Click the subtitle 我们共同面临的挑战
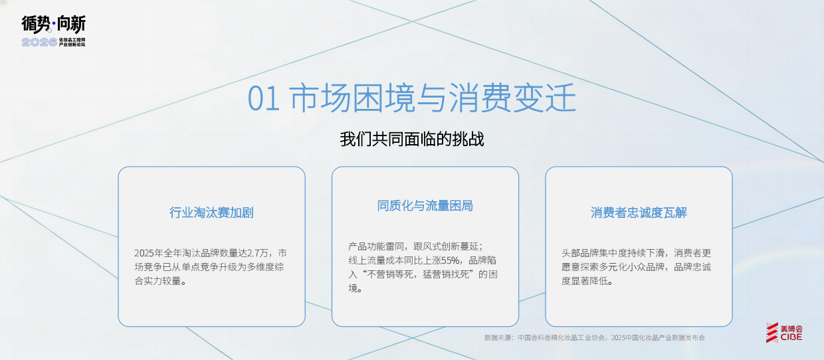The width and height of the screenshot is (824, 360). tap(412, 139)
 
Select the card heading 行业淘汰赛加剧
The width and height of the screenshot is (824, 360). tap(211, 213)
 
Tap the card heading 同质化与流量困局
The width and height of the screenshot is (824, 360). tap(425, 206)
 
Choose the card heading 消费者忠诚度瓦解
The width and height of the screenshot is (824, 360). tap(639, 213)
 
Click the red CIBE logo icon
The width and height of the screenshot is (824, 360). tap(772, 333)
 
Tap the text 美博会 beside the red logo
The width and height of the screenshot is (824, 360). tap(791, 328)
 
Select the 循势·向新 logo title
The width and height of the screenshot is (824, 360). tap(53, 25)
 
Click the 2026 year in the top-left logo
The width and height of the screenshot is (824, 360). tap(39, 42)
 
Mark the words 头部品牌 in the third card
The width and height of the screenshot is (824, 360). tap(581, 253)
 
